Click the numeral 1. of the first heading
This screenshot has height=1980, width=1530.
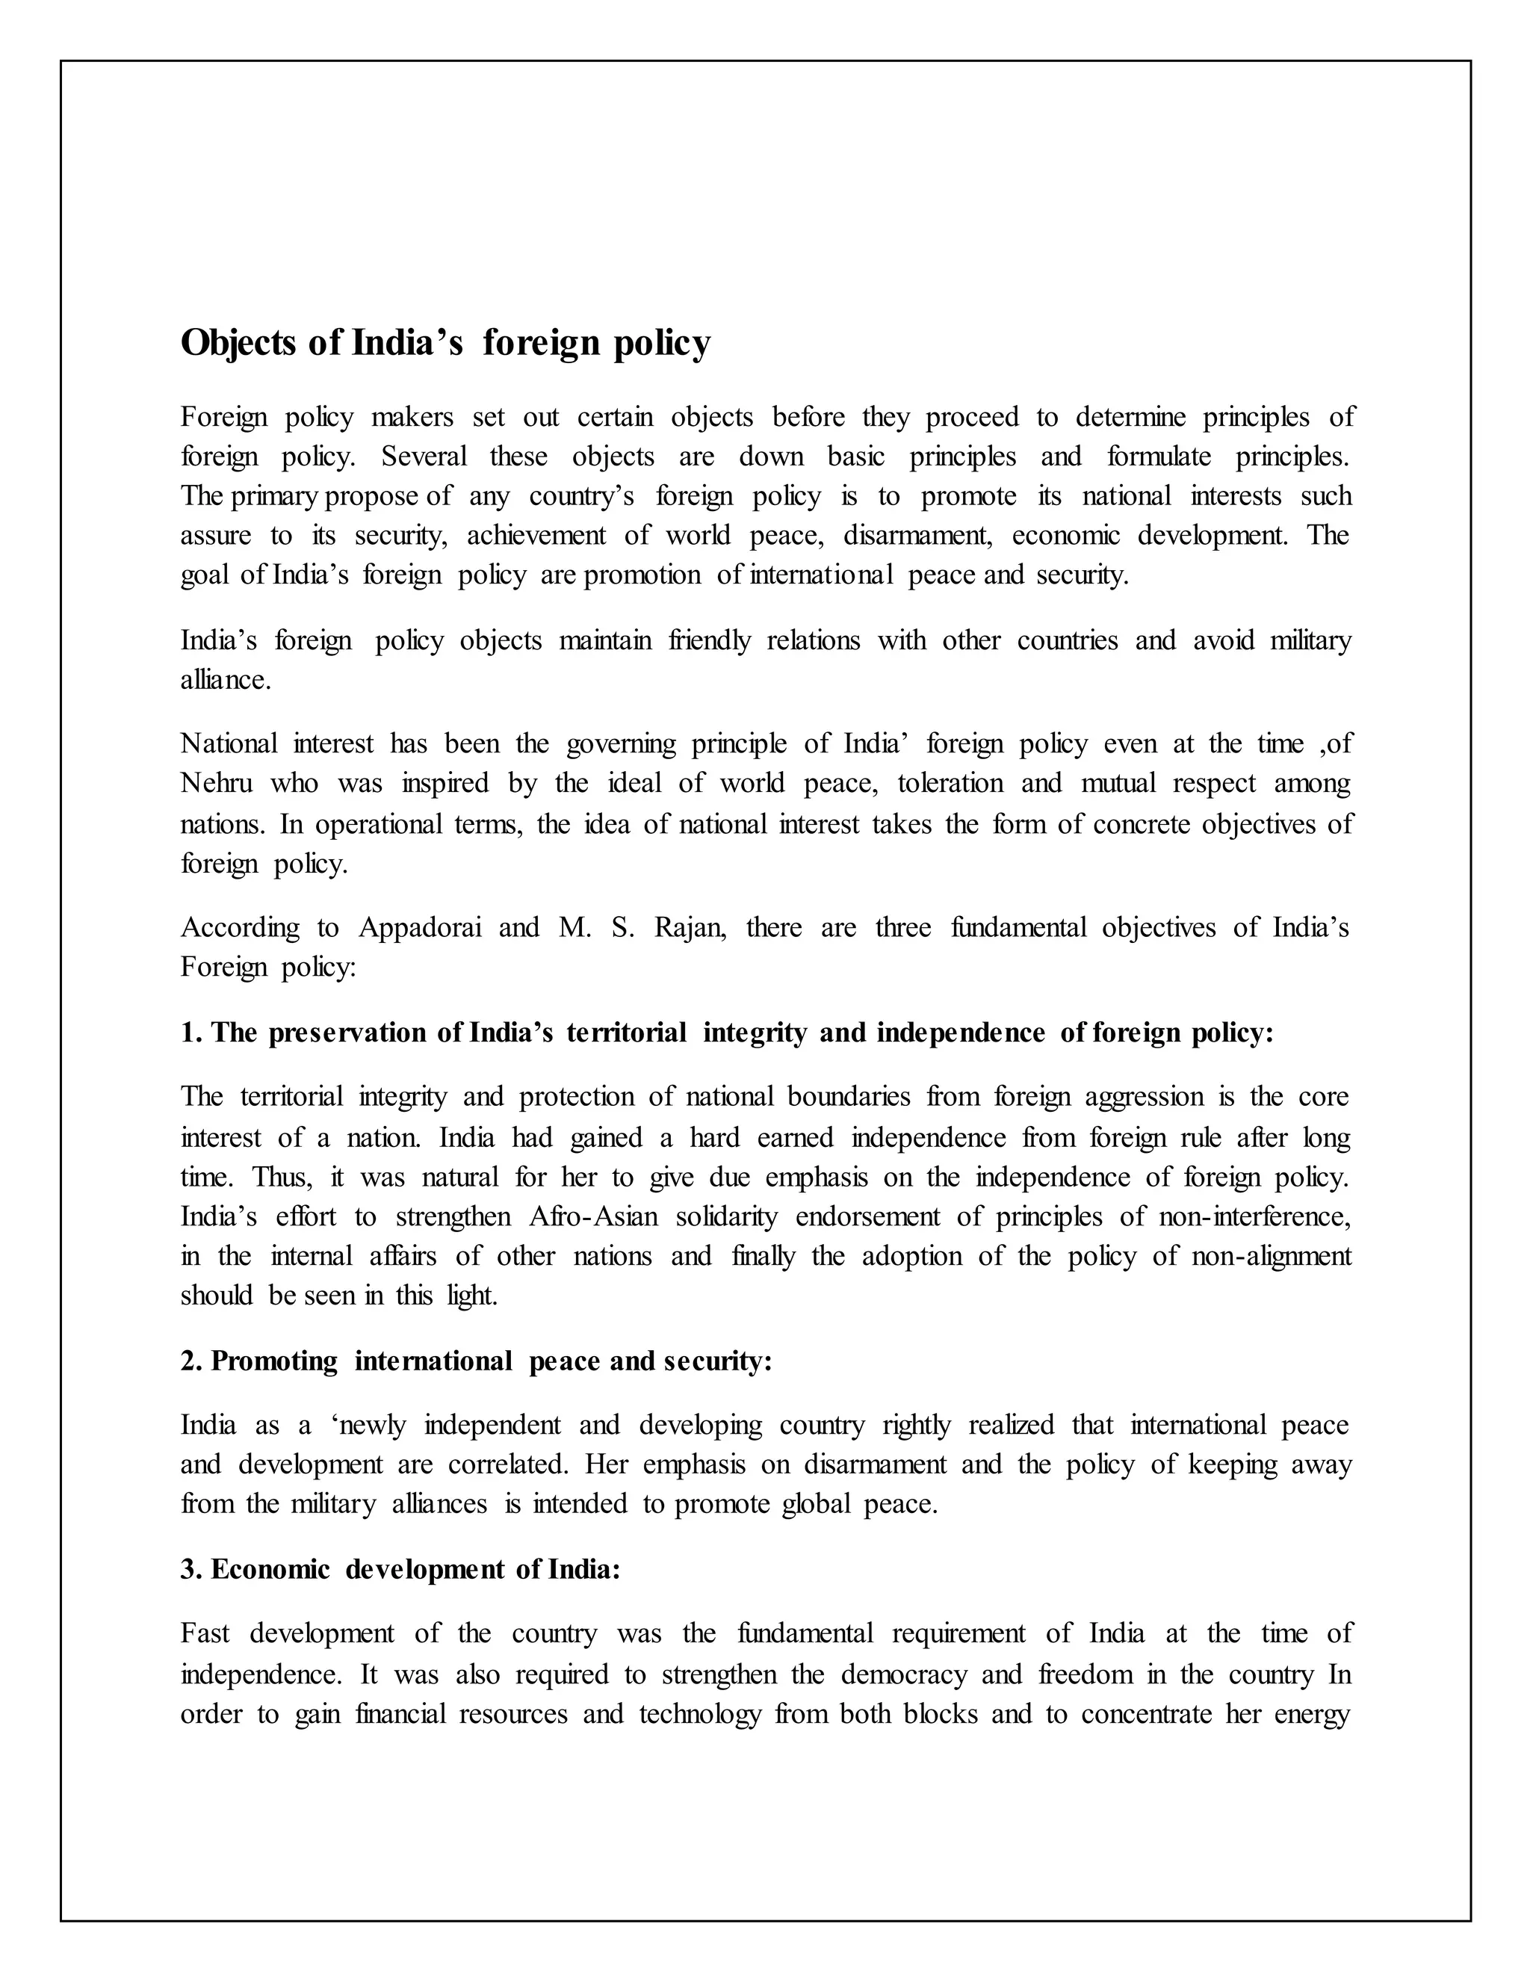tap(191, 1033)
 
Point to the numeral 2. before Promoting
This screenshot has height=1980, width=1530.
tap(191, 1361)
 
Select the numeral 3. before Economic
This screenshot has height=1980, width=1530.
tap(191, 1569)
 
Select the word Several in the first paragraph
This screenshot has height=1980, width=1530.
tap(424, 457)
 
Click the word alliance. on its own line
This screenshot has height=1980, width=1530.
tap(226, 680)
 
